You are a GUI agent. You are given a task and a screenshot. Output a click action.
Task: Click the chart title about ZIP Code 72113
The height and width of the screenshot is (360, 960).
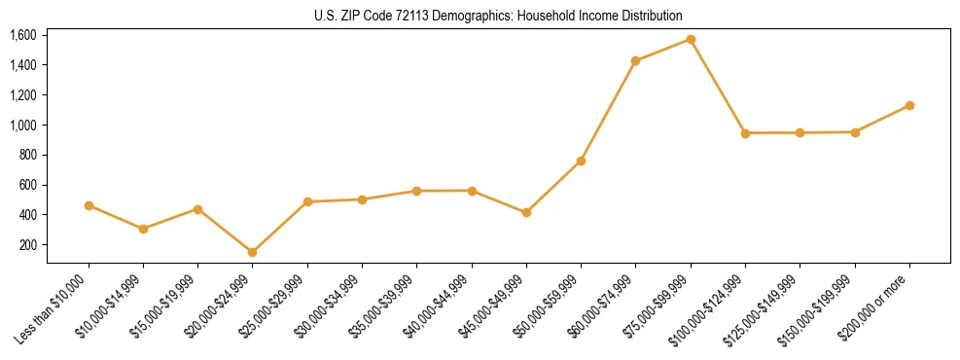pos(498,16)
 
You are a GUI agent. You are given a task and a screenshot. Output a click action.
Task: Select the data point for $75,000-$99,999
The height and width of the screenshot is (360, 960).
pos(691,39)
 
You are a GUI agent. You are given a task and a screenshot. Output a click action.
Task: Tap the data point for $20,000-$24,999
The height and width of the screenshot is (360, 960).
pos(253,252)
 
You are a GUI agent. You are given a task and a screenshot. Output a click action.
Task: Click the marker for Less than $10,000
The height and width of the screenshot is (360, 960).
pos(89,205)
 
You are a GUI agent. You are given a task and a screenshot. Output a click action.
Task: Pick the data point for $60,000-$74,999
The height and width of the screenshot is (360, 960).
pos(636,60)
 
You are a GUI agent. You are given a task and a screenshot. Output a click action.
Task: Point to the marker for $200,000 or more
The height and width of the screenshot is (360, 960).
pos(909,105)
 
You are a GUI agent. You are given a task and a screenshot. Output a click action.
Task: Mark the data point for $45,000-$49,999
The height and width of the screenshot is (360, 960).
pos(526,212)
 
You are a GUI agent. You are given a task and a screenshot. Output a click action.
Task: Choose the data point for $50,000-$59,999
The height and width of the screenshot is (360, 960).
pos(581,161)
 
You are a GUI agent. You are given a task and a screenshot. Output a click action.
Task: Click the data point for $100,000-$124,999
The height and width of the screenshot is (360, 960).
pos(745,132)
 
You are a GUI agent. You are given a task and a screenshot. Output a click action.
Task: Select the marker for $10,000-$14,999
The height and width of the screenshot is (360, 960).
pos(143,229)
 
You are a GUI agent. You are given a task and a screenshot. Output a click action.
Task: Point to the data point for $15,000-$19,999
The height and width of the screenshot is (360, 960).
pos(198,209)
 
